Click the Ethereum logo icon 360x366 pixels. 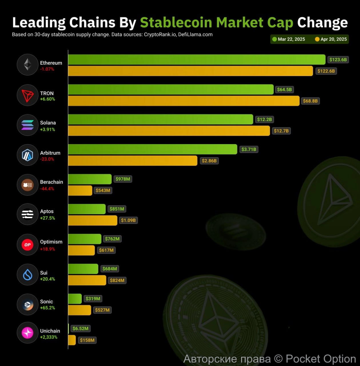coord(27,65)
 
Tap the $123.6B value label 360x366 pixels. coord(338,59)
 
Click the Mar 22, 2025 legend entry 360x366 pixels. coord(289,39)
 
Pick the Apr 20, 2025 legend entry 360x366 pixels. coord(331,39)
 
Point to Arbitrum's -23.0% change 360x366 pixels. coord(47,159)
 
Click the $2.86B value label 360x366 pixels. coord(209,161)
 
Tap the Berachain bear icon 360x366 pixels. coord(27,185)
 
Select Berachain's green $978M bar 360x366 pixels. coord(90,179)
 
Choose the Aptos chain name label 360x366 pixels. coord(47,211)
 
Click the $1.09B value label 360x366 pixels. coord(128,220)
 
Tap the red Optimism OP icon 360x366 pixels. coord(27,245)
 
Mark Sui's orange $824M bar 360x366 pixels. coord(87,280)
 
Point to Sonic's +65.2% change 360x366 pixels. coord(47,308)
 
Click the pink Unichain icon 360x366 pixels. coord(27,333)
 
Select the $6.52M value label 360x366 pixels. coord(80,329)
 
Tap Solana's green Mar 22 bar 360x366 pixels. coord(160,119)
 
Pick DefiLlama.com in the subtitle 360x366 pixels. coord(195,35)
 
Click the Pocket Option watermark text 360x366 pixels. coord(321,359)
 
